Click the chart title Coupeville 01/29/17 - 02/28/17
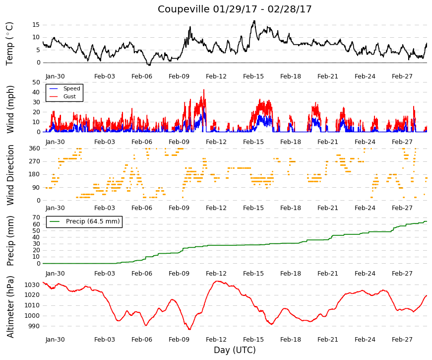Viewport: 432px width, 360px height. (235, 9)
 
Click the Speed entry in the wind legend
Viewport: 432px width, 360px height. (71, 88)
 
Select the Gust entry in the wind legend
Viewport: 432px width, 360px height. (69, 96)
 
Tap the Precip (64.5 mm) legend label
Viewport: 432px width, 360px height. (93, 221)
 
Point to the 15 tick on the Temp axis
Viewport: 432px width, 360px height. (36, 25)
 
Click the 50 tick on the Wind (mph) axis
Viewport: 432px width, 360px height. (36, 82)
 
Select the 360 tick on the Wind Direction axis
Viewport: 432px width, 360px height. (34, 148)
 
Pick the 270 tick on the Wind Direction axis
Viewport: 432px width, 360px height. (34, 161)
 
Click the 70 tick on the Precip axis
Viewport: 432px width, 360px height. (36, 217)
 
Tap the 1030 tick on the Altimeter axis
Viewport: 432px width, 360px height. (32, 285)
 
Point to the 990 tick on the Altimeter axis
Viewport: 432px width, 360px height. (34, 326)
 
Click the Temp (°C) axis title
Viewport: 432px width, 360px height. (9, 44)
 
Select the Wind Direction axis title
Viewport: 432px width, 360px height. (10, 175)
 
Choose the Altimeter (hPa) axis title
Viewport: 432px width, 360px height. (10, 307)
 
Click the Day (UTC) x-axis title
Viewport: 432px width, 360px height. (235, 350)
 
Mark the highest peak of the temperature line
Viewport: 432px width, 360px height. (254, 21)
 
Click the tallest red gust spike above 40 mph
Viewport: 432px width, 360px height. (204, 90)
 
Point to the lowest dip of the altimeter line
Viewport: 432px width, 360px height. (189, 329)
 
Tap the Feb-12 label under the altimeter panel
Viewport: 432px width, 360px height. (216, 340)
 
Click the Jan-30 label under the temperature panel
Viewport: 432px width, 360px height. (55, 76)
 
